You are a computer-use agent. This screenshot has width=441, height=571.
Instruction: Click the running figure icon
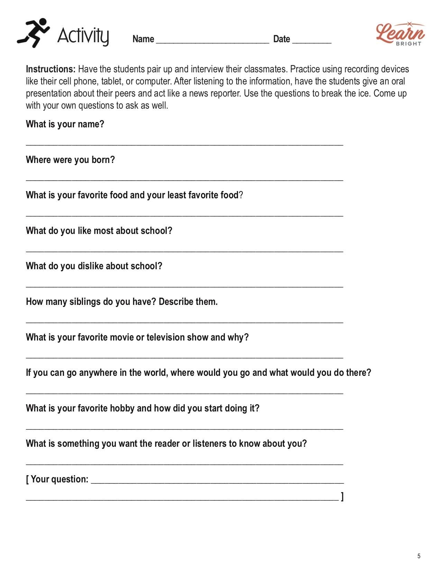[x=33, y=33]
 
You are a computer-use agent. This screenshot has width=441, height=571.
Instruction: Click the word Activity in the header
[x=83, y=36]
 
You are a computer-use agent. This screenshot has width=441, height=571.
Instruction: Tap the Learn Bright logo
[x=400, y=34]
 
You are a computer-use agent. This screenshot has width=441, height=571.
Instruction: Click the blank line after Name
[x=212, y=41]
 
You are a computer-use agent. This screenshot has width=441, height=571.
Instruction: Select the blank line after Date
[x=312, y=41]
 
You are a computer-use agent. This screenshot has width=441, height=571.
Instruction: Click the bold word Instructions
[x=50, y=69]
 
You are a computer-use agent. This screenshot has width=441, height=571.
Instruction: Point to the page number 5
[x=419, y=556]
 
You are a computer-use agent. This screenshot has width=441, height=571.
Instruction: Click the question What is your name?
[x=65, y=124]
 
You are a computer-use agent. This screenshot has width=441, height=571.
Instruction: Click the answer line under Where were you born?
[x=184, y=179]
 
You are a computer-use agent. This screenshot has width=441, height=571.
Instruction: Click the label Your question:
[x=59, y=479]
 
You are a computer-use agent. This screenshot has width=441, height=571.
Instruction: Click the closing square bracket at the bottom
[x=342, y=497]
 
